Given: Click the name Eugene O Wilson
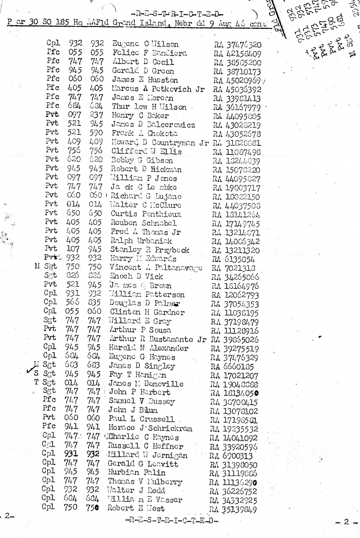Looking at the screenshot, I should (145, 44).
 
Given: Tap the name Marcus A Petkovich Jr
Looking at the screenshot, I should (158, 89).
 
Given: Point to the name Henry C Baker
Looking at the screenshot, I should (140, 116).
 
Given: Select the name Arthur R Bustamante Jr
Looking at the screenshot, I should (157, 339).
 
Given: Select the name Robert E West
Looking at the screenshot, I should (136, 508).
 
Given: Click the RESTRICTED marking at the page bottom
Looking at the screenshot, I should (172, 521).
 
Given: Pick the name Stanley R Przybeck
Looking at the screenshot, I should (150, 250).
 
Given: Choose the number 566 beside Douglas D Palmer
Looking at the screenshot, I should (72, 303).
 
